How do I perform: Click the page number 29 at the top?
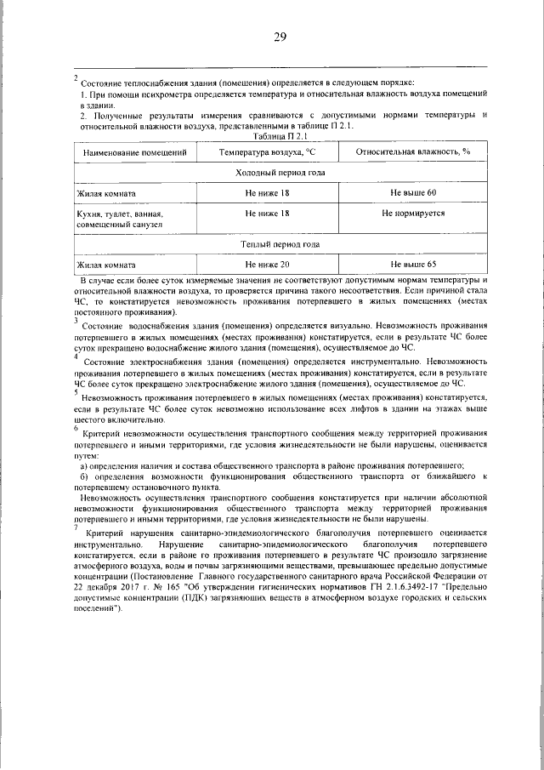coord(280,37)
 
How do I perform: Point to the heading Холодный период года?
coord(280,173)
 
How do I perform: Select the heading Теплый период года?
coord(280,244)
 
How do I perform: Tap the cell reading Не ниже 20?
coord(266,265)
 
